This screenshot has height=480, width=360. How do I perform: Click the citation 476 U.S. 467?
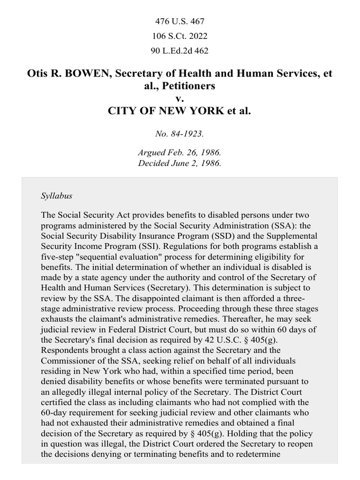tap(180, 21)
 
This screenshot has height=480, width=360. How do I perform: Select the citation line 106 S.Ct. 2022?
tap(180, 36)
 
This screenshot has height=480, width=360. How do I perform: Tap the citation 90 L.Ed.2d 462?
tap(180, 51)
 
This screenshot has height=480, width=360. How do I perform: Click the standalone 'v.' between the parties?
tap(180, 99)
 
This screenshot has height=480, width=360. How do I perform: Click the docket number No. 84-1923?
tap(180, 134)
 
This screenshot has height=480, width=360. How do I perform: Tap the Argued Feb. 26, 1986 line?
tap(180, 153)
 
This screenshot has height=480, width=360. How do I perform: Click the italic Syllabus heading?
tap(57, 195)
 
